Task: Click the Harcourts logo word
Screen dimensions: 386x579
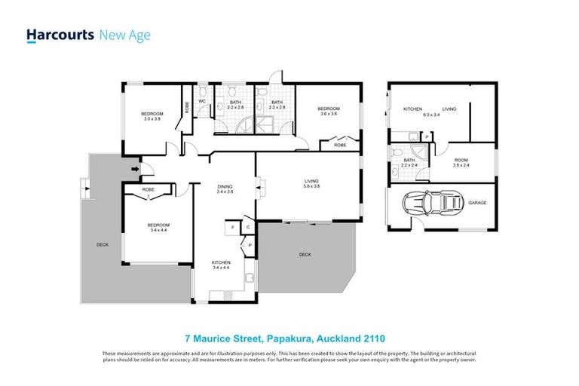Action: coord(60,35)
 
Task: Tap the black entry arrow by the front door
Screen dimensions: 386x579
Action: coord(135,169)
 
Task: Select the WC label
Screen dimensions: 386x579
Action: coord(202,102)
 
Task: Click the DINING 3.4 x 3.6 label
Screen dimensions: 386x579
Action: coord(225,189)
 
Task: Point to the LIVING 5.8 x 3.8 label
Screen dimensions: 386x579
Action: coord(311,183)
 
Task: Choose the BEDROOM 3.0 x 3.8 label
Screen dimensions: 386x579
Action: coord(153,116)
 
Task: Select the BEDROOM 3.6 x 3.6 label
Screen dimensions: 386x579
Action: coord(329,111)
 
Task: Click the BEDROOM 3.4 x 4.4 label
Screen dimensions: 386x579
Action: coord(158,227)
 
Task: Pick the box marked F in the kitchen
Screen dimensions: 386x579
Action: coord(234,226)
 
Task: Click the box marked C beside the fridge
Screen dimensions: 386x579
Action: coord(247,226)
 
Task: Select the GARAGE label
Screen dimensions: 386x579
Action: coord(476,202)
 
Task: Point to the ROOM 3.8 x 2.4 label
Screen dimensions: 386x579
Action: coord(461,162)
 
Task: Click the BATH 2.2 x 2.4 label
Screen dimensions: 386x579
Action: coord(409,162)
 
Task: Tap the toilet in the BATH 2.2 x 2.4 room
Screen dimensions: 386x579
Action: coord(395,172)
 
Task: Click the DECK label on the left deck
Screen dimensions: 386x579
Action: coord(102,244)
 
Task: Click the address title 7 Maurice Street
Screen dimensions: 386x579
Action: coord(289,339)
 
